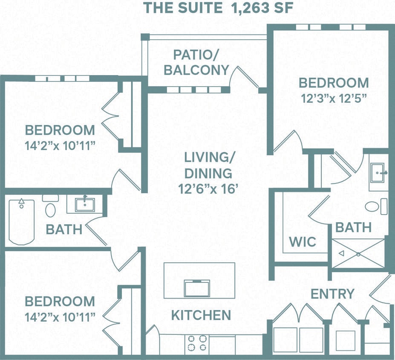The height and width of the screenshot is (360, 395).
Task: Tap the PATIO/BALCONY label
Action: [x=196, y=62]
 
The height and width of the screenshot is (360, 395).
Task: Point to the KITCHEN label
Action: [x=201, y=315]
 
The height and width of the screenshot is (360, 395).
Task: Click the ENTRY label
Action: [x=332, y=294]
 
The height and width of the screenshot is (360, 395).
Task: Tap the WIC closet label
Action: [x=303, y=242]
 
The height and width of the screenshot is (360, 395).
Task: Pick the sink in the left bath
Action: [x=85, y=204]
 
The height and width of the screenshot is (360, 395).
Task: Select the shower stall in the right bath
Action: [x=358, y=254]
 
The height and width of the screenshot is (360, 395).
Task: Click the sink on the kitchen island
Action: [x=196, y=287]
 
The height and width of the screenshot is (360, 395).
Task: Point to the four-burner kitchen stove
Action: [x=197, y=343]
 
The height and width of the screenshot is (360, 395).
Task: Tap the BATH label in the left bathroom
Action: [x=64, y=229]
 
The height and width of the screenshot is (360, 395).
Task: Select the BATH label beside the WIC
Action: [x=353, y=227]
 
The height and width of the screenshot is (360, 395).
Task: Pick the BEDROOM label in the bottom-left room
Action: [x=60, y=301]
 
